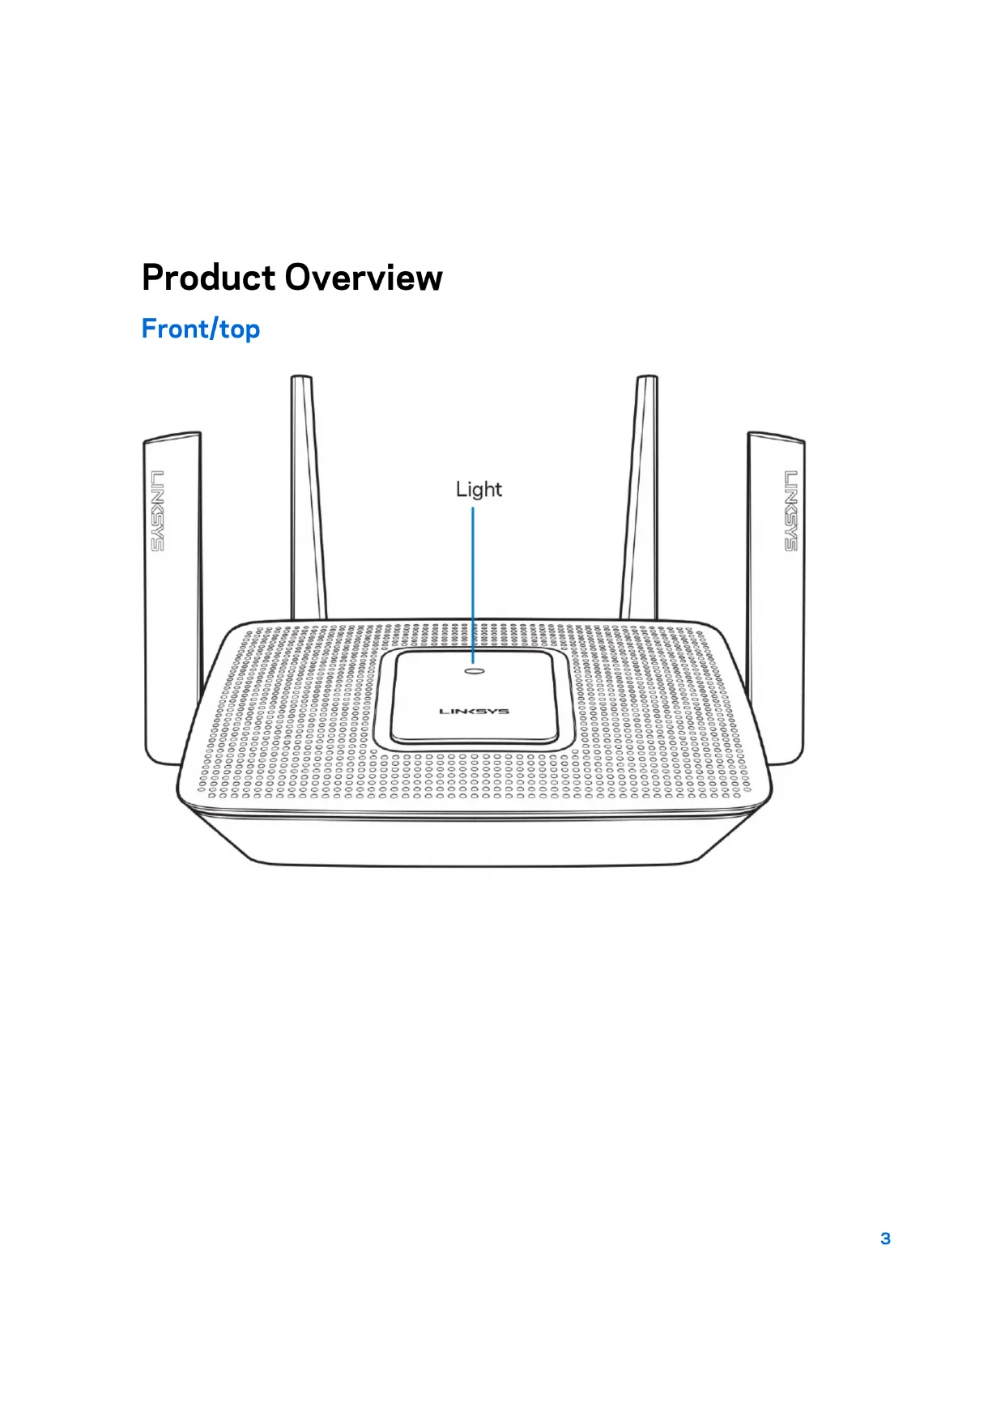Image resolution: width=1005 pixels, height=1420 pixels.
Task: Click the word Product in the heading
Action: (x=208, y=278)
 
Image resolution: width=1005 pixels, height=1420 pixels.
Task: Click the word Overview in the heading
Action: (x=364, y=278)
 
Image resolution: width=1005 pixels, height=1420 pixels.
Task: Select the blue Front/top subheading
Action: (x=200, y=329)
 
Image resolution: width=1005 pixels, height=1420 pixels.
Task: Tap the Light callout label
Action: (x=479, y=489)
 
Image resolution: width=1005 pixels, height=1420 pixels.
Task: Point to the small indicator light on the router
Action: (x=475, y=670)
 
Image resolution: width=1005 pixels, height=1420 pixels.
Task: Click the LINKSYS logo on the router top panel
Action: (x=474, y=712)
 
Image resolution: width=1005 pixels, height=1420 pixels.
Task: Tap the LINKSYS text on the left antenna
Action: (x=157, y=511)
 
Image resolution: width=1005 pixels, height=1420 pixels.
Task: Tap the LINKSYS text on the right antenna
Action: (x=790, y=511)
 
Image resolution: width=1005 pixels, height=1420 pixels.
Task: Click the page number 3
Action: (x=885, y=1239)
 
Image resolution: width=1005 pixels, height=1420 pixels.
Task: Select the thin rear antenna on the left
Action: (x=308, y=502)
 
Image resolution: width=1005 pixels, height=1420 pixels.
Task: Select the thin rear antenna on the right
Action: (x=640, y=502)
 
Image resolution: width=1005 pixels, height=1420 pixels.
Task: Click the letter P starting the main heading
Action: (x=152, y=278)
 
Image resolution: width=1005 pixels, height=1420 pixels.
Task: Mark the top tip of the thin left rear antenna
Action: (x=301, y=379)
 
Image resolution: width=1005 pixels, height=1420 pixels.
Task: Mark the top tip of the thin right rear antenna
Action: (x=647, y=379)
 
